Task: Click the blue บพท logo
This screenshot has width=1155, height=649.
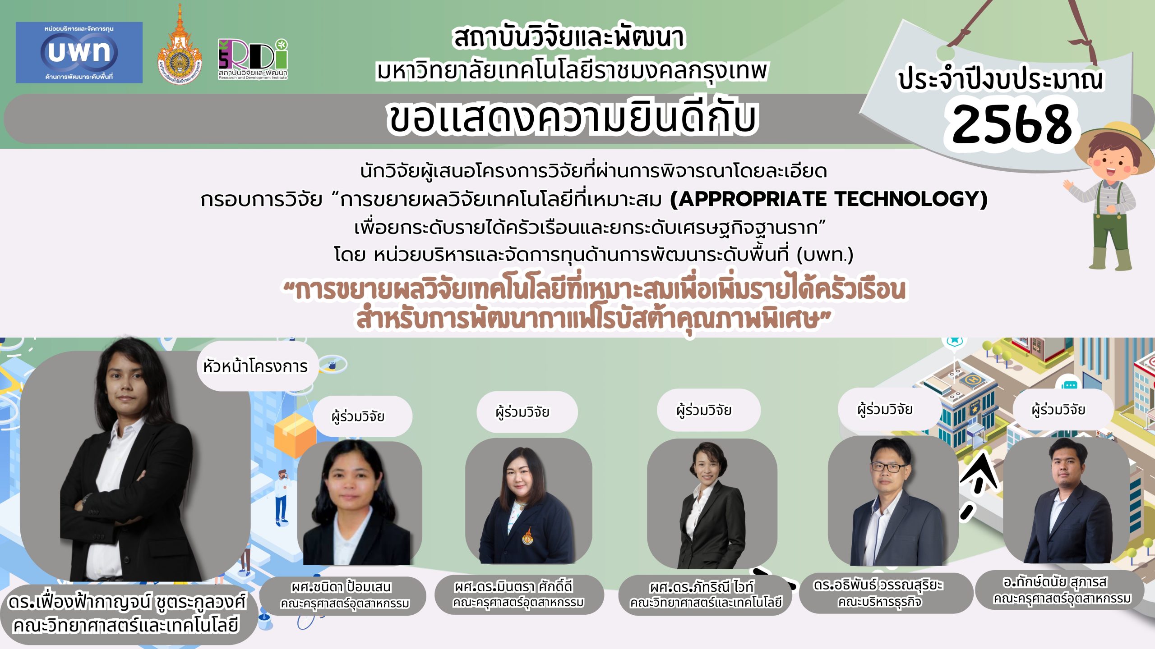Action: tap(79, 52)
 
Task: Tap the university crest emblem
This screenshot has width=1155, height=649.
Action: tap(180, 45)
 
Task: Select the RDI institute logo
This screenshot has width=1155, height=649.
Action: tap(253, 59)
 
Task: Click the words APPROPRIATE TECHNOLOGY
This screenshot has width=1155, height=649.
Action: tap(829, 199)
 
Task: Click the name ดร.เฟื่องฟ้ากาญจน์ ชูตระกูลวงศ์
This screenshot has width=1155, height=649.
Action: tap(127, 602)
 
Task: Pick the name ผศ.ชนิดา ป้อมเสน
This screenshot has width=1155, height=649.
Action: tap(341, 587)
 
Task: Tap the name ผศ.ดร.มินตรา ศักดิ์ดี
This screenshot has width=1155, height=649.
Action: tap(513, 586)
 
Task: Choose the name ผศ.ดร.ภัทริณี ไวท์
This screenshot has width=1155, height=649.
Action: tap(702, 587)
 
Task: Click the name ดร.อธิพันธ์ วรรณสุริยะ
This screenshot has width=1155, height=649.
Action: tap(878, 585)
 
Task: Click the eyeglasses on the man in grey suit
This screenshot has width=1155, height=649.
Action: tap(887, 467)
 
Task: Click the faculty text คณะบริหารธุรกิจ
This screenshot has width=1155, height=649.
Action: tap(880, 602)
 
